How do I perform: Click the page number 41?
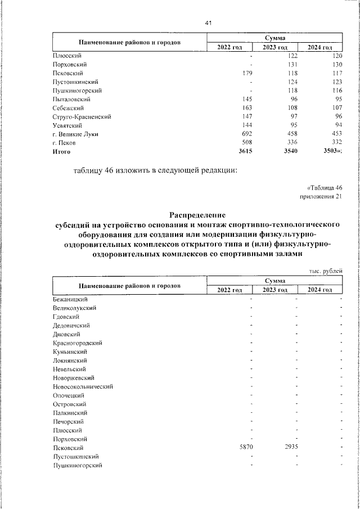[x=208, y=22]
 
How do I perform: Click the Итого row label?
[x=62, y=151]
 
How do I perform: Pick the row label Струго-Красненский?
[x=81, y=116]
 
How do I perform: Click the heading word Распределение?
[x=197, y=214]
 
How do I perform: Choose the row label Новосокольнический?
[x=83, y=386]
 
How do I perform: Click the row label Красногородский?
[x=78, y=343]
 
